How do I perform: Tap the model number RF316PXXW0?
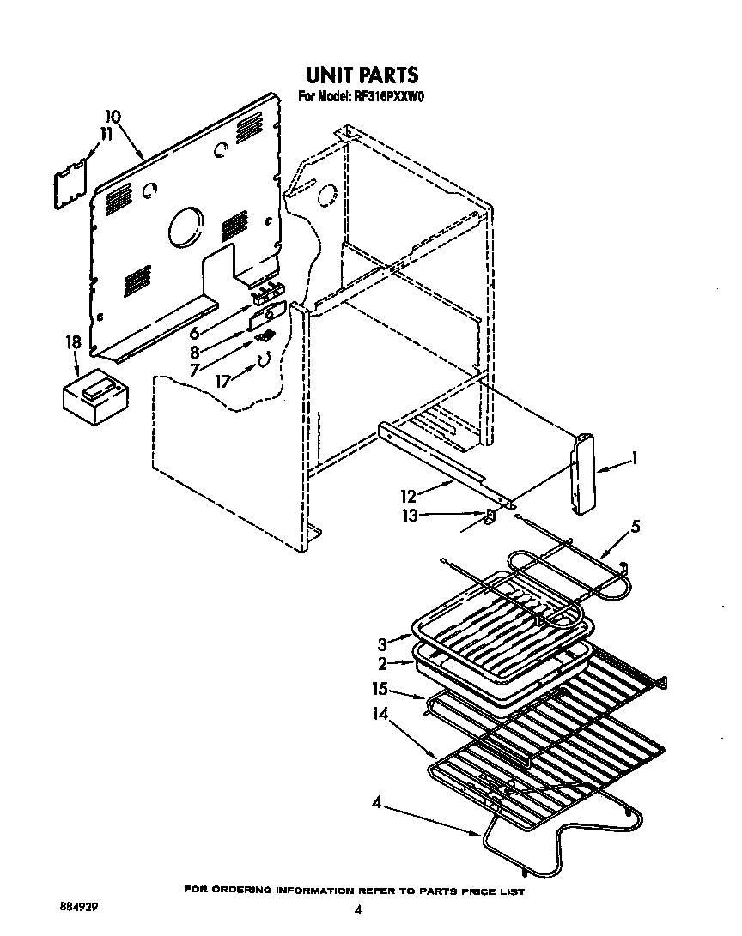[391, 97]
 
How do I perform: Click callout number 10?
[113, 118]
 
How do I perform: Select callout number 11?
[106, 134]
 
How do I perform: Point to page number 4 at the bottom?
[357, 909]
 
